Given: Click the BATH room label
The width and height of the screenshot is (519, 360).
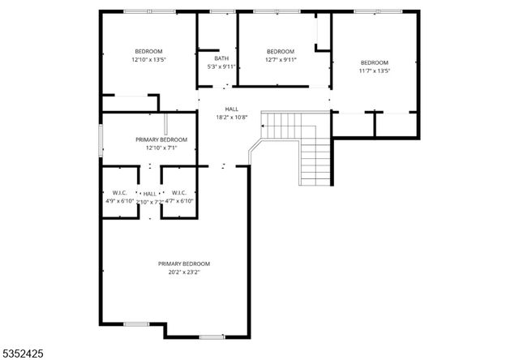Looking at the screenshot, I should (x=221, y=58).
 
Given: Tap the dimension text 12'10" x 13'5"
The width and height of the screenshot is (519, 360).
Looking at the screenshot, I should (x=148, y=59).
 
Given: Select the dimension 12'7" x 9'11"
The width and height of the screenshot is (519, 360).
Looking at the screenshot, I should (x=280, y=59).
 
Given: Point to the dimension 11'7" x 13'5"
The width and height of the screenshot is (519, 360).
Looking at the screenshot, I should (x=374, y=71).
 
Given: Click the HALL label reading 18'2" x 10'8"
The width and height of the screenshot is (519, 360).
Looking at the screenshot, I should (x=231, y=117).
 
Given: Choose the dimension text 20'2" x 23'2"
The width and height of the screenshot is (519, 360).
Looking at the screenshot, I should (x=184, y=272).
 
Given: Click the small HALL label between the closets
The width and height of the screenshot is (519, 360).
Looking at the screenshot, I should (x=150, y=193).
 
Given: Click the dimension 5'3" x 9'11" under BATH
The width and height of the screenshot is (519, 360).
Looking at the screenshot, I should (x=221, y=66).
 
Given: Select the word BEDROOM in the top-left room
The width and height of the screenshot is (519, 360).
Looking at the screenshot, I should (x=148, y=51).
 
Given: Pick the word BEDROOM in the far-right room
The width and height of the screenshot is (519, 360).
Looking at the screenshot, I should (x=374, y=63).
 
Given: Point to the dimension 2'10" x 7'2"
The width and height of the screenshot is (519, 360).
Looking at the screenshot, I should (x=150, y=200).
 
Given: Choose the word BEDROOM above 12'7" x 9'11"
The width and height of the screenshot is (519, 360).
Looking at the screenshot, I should (x=280, y=51).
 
